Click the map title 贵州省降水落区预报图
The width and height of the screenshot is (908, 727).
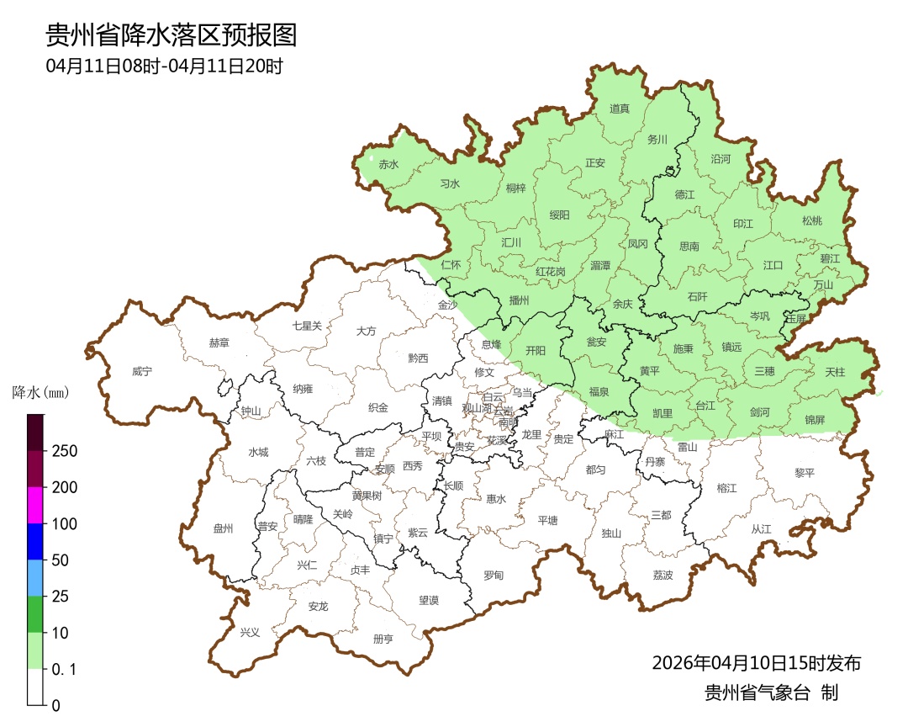coord(171,35)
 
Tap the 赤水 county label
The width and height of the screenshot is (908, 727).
coord(388,165)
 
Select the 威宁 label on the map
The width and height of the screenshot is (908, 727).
coord(143,371)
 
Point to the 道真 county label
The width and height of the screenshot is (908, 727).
coord(620,109)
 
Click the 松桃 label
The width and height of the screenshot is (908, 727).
coord(811,221)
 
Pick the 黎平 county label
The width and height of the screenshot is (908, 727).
coord(805,473)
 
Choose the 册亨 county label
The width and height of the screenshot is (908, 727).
coord(383,639)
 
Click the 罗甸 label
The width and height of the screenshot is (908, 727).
coord(494,576)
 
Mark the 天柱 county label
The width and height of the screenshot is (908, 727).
coord(835,372)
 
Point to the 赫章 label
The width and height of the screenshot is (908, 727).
coord(219,343)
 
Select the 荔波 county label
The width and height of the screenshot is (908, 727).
coord(663,576)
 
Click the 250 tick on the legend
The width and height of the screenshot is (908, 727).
coord(64,451)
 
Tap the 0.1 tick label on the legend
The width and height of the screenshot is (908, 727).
coord(64,670)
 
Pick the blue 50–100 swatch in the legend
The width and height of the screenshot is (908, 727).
coord(35,541)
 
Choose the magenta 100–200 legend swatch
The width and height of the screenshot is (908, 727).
coord(35,505)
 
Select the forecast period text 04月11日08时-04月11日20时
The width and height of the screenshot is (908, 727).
coord(164,66)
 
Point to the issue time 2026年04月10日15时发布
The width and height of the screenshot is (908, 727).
coord(756,663)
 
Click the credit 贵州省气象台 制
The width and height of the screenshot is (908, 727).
coord(771,693)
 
